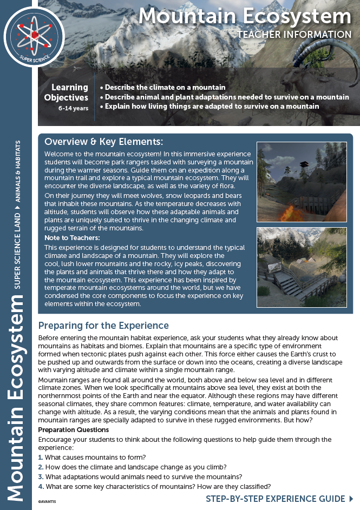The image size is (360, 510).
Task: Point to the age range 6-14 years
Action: pos(73,108)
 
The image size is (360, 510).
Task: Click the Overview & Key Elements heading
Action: pos(103,142)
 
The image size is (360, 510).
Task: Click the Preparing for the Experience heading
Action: pos(103,326)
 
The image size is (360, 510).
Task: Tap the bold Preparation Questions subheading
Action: pos(73,429)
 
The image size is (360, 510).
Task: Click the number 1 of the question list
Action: pos(41,457)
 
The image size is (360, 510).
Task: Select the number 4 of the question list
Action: pos(41,486)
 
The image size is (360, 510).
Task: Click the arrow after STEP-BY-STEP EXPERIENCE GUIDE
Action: pos(352,499)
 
